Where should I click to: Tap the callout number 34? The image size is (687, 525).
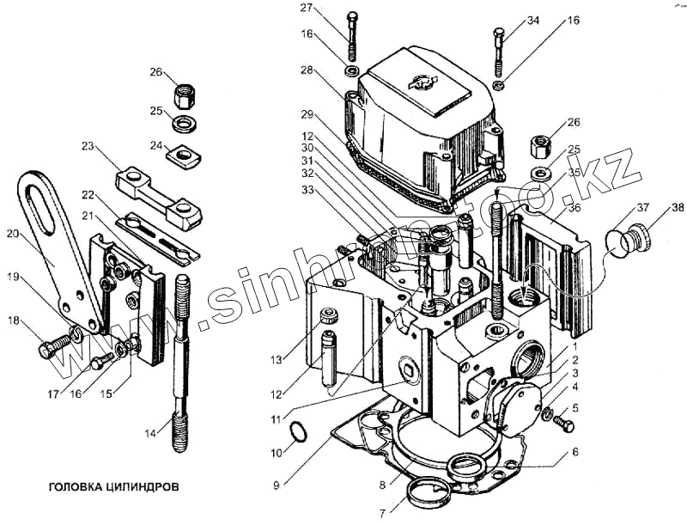[533, 20]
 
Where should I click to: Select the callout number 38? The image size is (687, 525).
[678, 208]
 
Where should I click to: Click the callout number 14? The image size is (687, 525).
[152, 433]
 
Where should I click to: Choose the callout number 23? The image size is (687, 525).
[88, 147]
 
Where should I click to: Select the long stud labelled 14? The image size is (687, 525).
[180, 361]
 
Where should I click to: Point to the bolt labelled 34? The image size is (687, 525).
[499, 52]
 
